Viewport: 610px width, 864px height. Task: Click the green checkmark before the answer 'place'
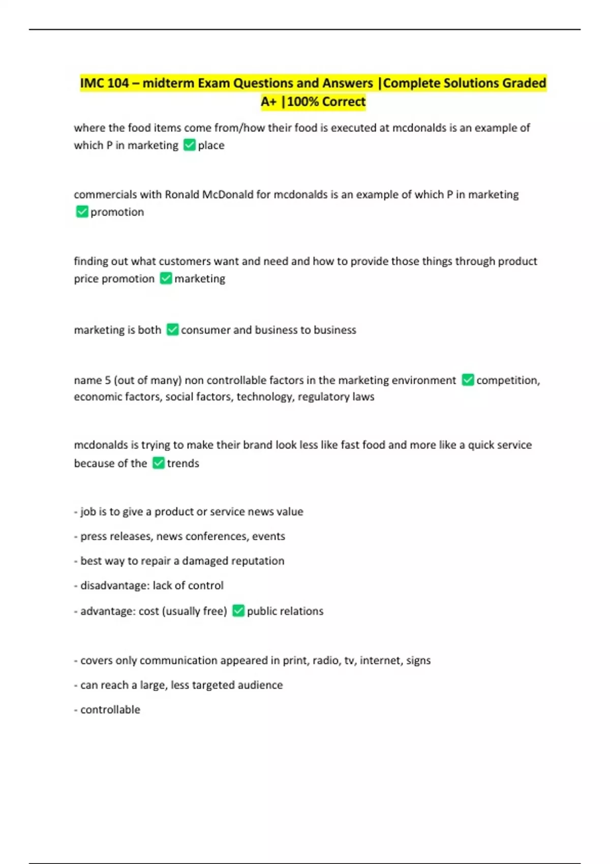tap(189, 145)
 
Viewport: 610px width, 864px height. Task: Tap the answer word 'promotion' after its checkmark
tap(117, 212)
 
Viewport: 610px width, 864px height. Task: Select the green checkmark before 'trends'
tap(159, 463)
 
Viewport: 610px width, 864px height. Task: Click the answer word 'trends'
tap(183, 464)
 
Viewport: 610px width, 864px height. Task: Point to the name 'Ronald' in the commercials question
tap(182, 195)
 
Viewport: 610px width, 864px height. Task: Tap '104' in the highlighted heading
tap(118, 83)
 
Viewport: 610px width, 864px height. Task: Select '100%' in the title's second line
tap(303, 102)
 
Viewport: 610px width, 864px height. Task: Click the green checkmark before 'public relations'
tap(238, 611)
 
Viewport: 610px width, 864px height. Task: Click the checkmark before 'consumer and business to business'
tap(172, 330)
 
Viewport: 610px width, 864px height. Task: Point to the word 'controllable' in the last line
tap(110, 710)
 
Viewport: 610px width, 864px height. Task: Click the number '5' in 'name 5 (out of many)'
tap(107, 381)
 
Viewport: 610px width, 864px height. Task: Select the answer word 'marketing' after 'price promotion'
tap(200, 279)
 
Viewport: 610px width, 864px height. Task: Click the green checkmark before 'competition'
tap(468, 380)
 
